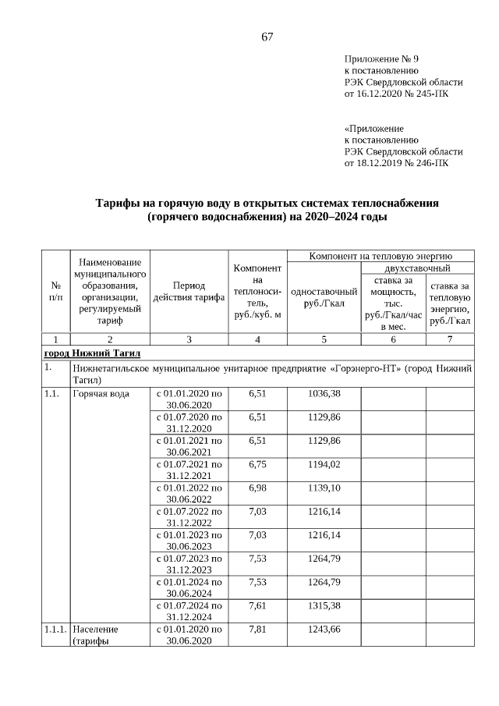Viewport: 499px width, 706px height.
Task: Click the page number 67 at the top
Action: [x=267, y=37]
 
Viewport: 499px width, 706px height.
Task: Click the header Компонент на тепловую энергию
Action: [x=380, y=256]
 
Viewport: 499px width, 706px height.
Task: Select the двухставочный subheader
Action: [x=417, y=268]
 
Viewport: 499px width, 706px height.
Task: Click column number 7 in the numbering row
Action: [x=449, y=339]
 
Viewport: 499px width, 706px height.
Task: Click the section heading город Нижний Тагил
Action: [x=92, y=353]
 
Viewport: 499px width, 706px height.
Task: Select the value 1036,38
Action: [x=324, y=394]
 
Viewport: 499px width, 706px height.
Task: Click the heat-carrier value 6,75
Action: [x=257, y=464]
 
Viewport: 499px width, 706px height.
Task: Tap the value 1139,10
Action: [x=324, y=488]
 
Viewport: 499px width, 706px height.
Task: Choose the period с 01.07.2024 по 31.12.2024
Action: [x=189, y=611]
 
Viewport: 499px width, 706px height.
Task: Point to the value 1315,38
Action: [x=324, y=605]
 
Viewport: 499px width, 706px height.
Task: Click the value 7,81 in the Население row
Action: [x=257, y=629]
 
